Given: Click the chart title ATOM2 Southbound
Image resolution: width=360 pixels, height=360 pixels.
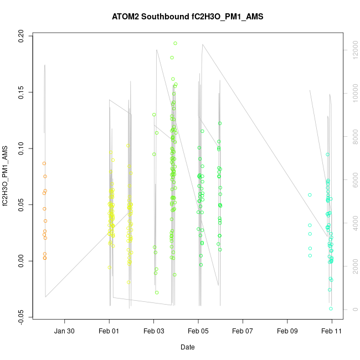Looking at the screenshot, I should point(188,17).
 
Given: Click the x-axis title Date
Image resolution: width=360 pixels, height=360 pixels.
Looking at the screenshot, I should point(187,347).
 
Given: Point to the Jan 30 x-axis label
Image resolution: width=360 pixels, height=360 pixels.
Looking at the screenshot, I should point(65,331).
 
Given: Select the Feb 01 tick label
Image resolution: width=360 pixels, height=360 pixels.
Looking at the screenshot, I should point(109,331).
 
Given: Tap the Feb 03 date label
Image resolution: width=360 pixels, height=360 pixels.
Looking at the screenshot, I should point(153,331).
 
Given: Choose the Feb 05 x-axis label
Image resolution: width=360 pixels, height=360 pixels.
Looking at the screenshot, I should point(198,331).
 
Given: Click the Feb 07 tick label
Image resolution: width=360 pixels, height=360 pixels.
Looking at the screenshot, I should point(243,331).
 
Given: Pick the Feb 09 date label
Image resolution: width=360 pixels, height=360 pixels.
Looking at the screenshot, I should point(287,331).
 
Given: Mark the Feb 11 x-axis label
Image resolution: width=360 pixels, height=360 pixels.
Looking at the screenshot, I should point(332,331).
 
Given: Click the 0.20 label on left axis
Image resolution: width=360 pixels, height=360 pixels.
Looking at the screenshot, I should point(22,35).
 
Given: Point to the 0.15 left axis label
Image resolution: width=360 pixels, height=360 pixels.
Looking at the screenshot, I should point(22,92).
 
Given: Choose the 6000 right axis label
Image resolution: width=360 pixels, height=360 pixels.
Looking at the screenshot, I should point(352,180).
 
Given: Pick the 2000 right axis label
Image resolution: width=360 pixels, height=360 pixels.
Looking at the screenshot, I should point(352,266).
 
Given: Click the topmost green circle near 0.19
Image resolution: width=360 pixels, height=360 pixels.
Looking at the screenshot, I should point(175,43).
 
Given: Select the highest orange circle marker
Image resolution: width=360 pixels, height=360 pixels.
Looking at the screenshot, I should point(44,163).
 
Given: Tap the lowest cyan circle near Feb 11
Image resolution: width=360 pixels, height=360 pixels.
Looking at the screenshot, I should point(331,308).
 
